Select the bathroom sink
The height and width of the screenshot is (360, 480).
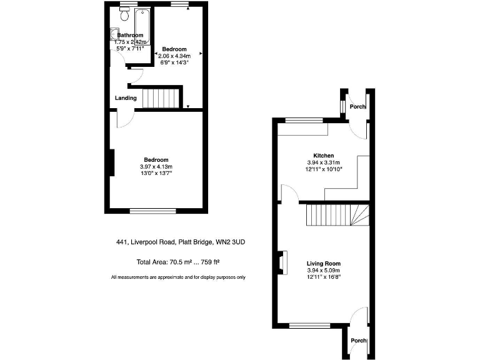(x=114, y=36)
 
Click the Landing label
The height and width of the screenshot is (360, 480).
(x=126, y=98)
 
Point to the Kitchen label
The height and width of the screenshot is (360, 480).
(x=323, y=156)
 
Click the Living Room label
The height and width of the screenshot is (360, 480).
(x=323, y=263)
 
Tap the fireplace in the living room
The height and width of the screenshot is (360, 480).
(x=282, y=262)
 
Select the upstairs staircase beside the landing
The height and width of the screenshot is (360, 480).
(x=161, y=98)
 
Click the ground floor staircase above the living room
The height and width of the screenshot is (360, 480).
(x=337, y=216)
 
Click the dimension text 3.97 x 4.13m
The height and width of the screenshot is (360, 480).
(x=156, y=166)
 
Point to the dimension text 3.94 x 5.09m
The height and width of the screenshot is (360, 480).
(x=323, y=270)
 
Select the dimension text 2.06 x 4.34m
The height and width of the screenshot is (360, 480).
(x=174, y=56)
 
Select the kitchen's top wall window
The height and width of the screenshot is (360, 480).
(x=304, y=119)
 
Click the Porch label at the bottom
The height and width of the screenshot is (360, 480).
(x=358, y=341)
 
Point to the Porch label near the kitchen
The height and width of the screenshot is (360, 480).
(x=357, y=106)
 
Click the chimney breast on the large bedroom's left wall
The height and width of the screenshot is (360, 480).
(x=112, y=162)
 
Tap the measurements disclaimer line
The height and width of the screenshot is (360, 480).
(x=178, y=277)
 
